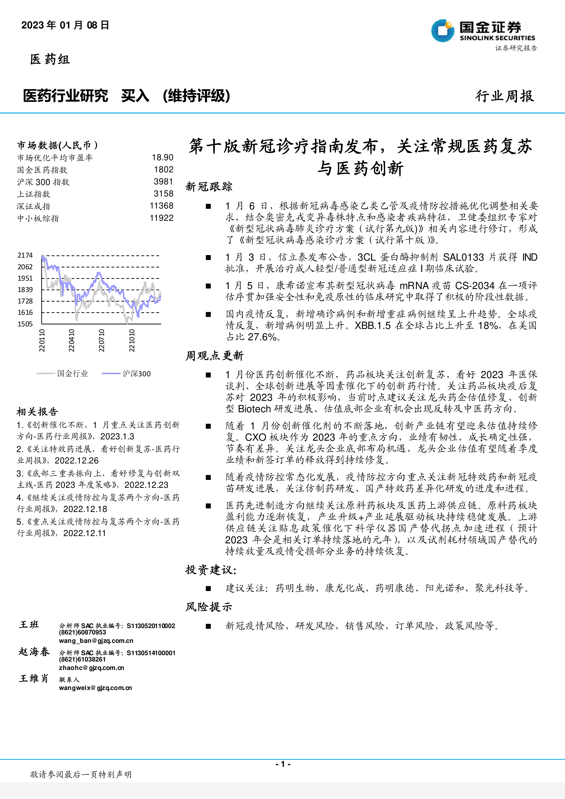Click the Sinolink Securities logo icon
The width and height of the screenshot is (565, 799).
coord(443,31)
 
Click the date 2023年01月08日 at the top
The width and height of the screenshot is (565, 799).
coord(65,25)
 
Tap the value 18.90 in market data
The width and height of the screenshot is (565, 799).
coord(163,158)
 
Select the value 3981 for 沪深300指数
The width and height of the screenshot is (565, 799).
coord(163,182)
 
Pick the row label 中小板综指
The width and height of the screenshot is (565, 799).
coord(38,219)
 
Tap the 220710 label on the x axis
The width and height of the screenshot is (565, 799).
coord(101,340)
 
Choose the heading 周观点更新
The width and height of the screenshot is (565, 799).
coord(214,356)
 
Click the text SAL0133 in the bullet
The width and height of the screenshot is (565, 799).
coord(463,257)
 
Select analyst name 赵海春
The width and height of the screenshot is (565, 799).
coord(34,651)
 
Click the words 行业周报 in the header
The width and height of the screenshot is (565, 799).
coord(504,96)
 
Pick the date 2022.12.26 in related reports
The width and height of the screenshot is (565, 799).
coord(76,461)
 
